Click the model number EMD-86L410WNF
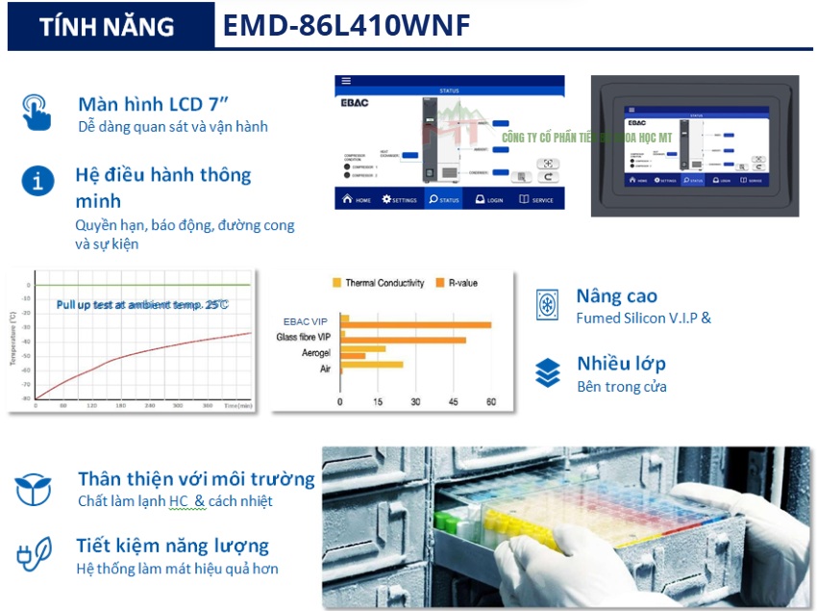347,26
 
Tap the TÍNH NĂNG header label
108,27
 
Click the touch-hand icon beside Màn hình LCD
36,112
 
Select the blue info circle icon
37,180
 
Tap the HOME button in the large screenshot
356,200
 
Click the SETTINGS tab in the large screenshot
399,200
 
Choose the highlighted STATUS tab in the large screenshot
445,200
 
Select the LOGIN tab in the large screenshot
489,200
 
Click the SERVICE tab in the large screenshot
536,200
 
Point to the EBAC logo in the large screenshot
353,100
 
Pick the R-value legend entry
457,283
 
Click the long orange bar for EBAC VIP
415,325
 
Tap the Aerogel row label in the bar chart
316,352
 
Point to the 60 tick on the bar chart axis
491,401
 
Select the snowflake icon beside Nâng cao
548,305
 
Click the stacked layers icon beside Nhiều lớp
548,372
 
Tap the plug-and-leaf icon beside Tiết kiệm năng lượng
34,555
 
